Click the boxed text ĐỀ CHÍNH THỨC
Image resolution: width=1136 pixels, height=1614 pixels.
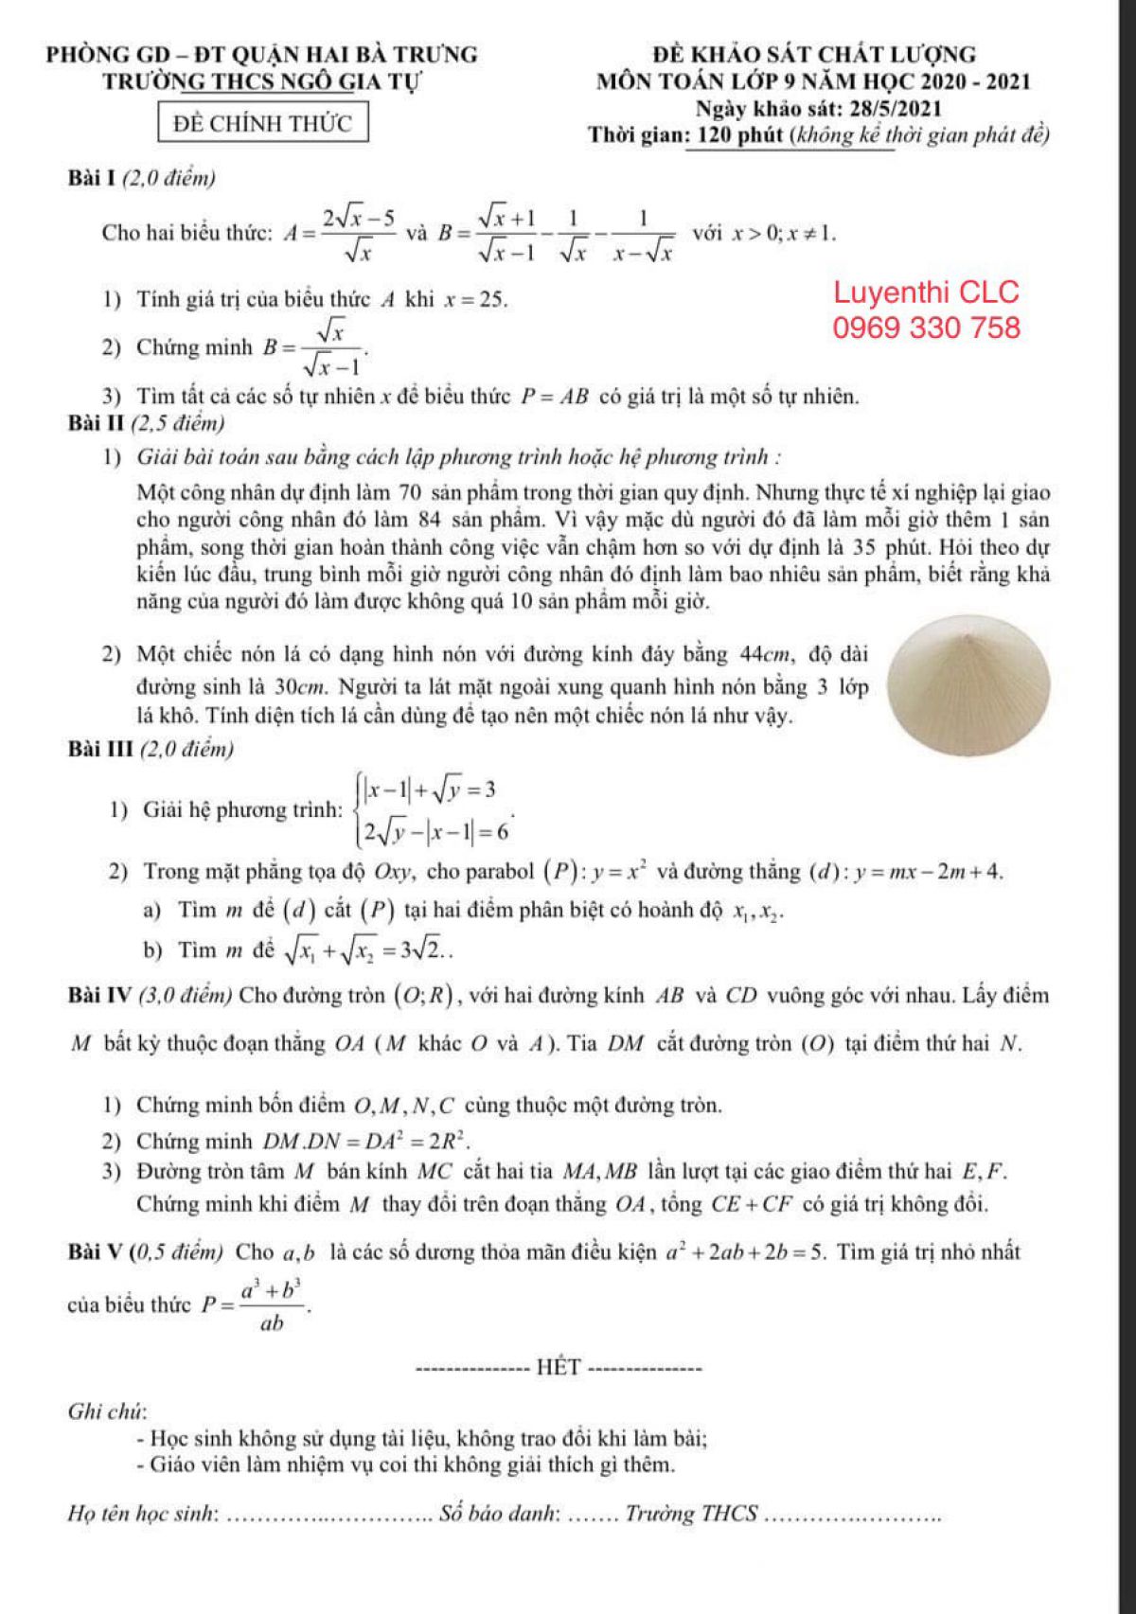[262, 124]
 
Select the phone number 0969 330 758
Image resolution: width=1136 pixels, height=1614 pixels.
[927, 328]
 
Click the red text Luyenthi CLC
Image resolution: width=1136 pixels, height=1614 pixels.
[927, 292]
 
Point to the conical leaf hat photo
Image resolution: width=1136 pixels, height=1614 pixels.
[970, 697]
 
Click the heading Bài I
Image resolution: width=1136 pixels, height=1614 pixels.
[91, 177]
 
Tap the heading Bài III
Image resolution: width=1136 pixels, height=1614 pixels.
[100, 750]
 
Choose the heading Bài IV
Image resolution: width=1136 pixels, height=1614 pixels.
[102, 995]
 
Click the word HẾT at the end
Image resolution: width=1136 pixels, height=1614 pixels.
[559, 1367]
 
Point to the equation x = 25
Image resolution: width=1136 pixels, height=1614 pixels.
[475, 301]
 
